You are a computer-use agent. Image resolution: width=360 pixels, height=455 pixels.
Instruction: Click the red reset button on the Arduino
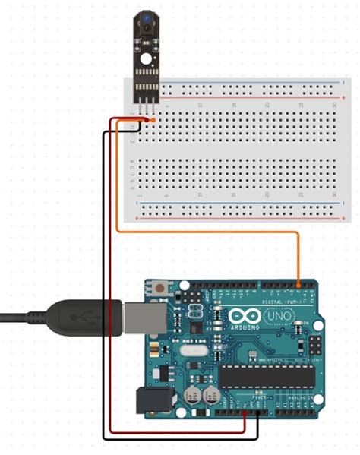[x=161, y=289]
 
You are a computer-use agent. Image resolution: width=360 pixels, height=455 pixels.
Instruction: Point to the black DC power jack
[x=149, y=401]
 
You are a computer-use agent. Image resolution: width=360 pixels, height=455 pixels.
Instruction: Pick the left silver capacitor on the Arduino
[x=193, y=396]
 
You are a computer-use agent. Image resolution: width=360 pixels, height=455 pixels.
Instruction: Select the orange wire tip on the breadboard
[x=153, y=121]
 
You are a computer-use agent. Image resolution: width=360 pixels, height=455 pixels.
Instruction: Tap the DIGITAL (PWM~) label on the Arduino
[x=277, y=299]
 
